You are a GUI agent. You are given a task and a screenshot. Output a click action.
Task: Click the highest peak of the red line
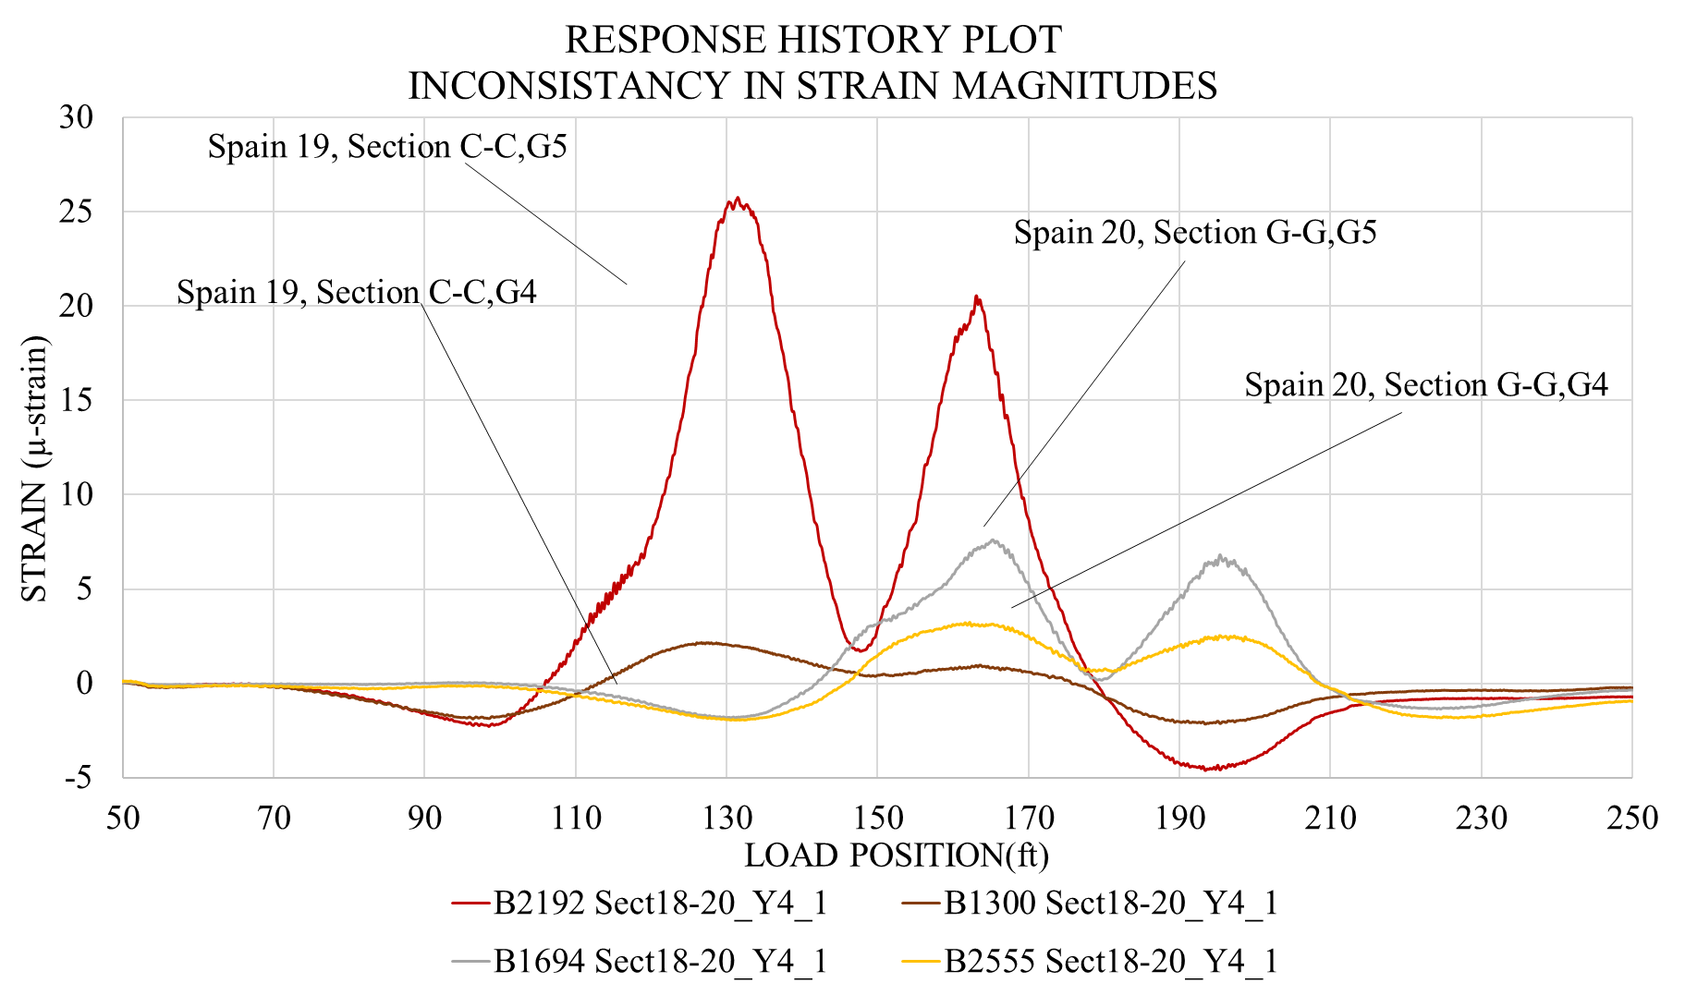[x=737, y=199]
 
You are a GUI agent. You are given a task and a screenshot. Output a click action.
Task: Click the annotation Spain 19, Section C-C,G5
[x=387, y=147]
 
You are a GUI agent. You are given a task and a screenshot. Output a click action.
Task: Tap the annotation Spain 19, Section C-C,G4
[x=357, y=293]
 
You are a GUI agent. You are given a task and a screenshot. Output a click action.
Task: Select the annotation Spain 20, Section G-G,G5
[x=1195, y=233]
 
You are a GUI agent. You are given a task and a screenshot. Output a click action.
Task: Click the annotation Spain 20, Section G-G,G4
[x=1426, y=385]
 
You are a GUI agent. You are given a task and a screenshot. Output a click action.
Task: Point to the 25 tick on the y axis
[x=79, y=212]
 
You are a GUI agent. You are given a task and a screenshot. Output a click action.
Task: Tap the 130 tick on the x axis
[x=727, y=818]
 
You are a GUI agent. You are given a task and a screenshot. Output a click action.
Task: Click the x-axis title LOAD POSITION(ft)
[x=897, y=855]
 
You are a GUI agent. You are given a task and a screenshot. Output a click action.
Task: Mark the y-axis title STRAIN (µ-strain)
[x=34, y=469]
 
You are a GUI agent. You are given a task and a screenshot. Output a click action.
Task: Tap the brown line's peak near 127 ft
[x=704, y=642]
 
